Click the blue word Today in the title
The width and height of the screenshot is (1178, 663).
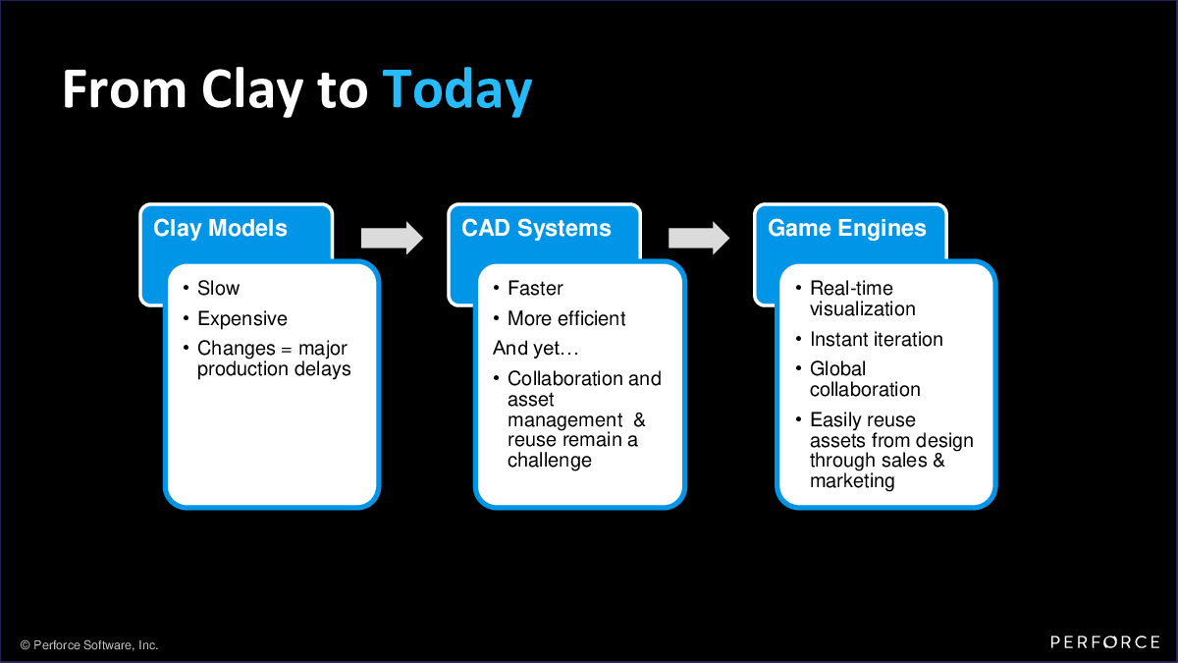click(457, 90)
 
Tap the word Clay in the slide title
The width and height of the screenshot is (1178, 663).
click(252, 90)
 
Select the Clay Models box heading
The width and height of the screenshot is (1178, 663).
click(220, 228)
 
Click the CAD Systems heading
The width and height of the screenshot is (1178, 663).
click(536, 228)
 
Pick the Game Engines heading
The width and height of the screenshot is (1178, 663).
click(846, 228)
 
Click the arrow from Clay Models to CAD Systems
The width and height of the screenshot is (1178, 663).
click(392, 238)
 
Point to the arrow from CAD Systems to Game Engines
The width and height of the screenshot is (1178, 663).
click(699, 238)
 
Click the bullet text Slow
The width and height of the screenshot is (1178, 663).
click(218, 289)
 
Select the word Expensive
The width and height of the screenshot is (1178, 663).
click(241, 319)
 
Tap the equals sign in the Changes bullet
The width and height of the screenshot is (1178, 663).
click(286, 350)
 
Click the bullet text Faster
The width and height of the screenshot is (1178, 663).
click(535, 289)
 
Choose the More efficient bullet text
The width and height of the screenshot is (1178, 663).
click(566, 319)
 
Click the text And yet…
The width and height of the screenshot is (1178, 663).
click(535, 349)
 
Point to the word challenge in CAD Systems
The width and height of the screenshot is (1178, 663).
click(550, 461)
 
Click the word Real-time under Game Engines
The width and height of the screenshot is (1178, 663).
click(851, 289)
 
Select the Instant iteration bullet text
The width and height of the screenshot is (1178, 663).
click(876, 340)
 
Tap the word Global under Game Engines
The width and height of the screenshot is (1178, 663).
click(837, 369)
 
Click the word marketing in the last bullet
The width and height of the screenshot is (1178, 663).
click(852, 481)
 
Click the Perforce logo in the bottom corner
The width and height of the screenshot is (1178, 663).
click(1105, 642)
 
